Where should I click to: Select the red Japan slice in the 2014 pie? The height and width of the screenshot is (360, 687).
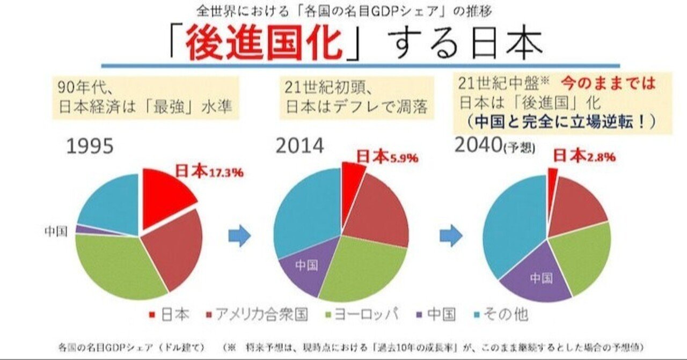tap(352, 175)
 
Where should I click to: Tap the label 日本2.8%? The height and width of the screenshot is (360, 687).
tap(584, 156)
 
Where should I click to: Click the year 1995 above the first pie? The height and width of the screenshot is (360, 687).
tap(89, 146)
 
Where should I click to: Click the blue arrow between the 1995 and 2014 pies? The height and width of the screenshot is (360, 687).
tap(239, 236)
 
